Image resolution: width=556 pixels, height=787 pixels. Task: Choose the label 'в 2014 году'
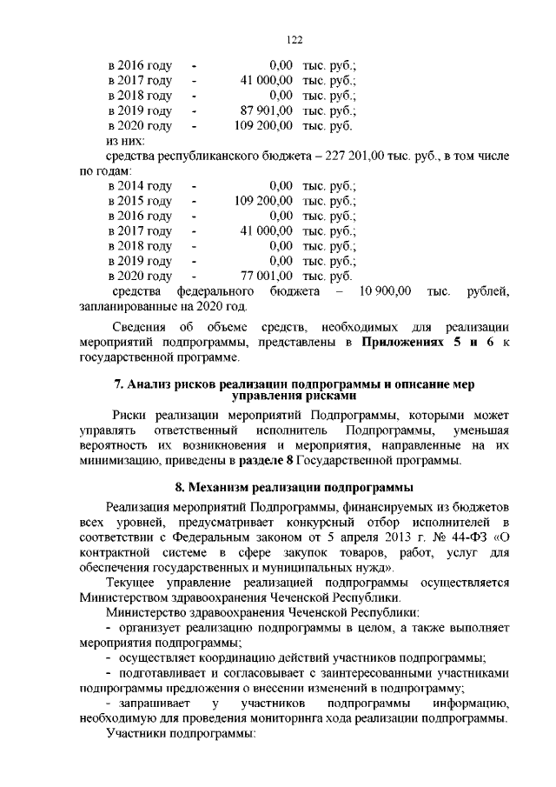click(x=139, y=186)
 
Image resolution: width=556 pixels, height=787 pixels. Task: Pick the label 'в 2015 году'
click(x=139, y=201)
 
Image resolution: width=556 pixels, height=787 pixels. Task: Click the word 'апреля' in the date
click(x=354, y=537)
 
